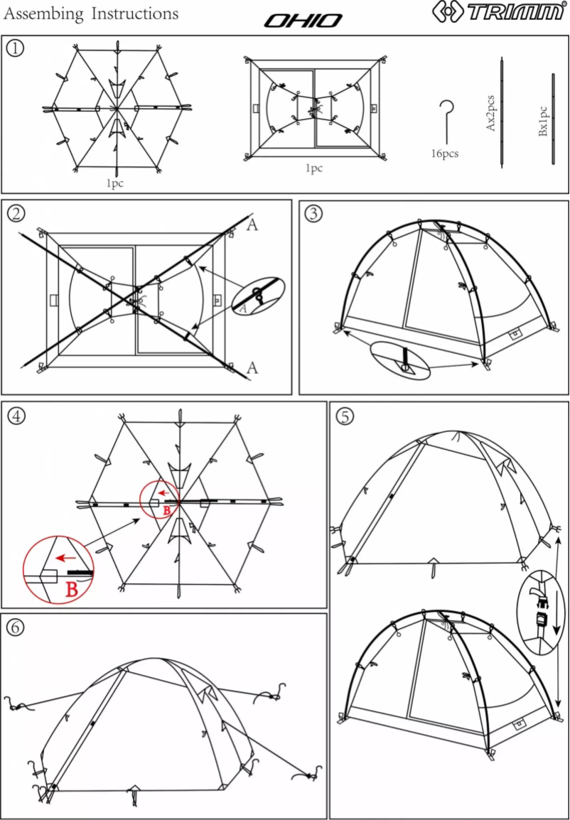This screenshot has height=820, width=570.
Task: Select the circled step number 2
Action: coord(15,212)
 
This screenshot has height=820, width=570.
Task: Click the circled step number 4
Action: coord(15,415)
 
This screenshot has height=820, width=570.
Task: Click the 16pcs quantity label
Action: coord(446,153)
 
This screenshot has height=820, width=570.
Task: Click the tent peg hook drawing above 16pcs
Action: coord(446,121)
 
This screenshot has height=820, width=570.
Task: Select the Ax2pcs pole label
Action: coord(490,112)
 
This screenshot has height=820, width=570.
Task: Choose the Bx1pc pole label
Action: coord(542,122)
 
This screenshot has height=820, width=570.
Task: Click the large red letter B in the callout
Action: coord(72,588)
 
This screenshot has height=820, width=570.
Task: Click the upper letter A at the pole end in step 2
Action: coord(252,226)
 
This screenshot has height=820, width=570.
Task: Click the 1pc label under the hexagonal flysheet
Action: coord(114,183)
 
